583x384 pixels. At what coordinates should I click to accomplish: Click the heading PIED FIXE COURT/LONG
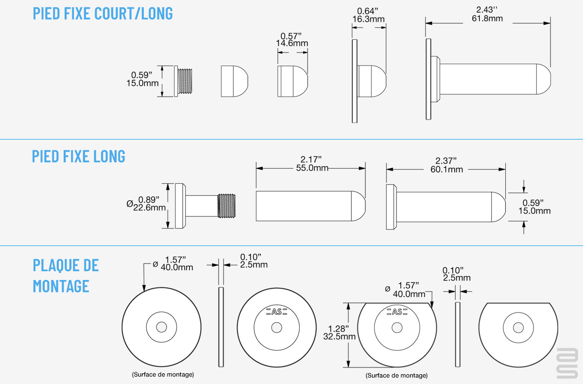(x=103, y=13)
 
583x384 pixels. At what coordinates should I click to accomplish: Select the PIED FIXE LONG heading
(x=78, y=156)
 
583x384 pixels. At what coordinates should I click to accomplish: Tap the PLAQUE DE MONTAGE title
(x=66, y=275)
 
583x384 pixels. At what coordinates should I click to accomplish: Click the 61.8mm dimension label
(x=487, y=18)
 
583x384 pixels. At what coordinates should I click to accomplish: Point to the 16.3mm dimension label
(x=368, y=19)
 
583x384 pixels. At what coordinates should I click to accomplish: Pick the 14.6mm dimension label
(x=292, y=43)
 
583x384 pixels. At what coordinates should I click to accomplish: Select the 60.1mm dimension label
(x=446, y=169)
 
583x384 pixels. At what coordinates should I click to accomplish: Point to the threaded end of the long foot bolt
(x=226, y=206)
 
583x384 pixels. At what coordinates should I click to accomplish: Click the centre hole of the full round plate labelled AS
(x=276, y=328)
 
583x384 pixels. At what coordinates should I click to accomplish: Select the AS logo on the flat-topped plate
(x=397, y=312)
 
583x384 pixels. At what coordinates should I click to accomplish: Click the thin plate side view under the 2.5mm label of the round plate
(x=222, y=327)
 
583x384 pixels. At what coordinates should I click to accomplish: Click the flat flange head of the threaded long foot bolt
(x=179, y=206)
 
